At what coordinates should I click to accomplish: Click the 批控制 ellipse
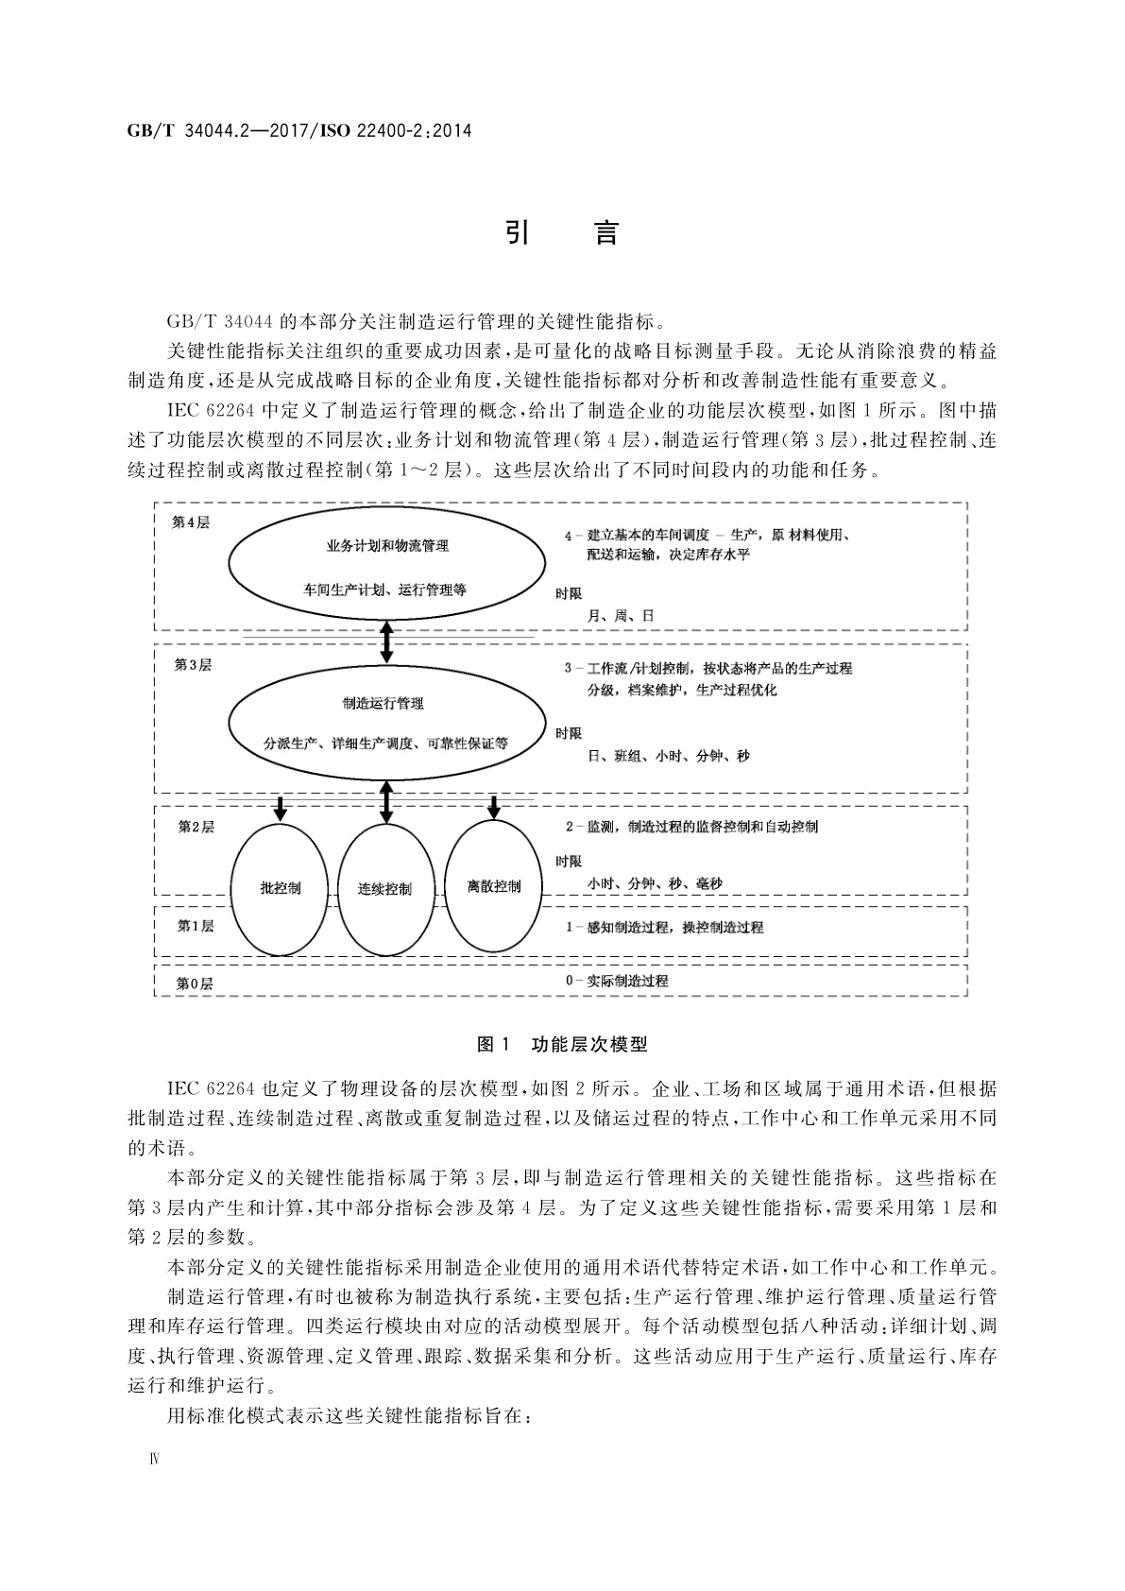[280, 888]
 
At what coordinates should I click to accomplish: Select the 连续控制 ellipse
[384, 889]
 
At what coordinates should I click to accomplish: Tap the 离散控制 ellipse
[493, 886]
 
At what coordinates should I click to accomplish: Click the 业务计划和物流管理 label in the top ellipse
[386, 546]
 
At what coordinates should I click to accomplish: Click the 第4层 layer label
[191, 522]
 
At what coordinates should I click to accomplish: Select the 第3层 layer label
[193, 664]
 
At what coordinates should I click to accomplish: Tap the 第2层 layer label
[196, 827]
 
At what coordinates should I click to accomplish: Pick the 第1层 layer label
[196, 926]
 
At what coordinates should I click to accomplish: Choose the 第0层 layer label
[195, 984]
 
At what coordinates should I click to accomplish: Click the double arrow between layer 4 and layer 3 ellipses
[385, 642]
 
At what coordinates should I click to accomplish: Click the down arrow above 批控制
[280, 808]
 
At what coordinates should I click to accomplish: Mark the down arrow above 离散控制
[493, 808]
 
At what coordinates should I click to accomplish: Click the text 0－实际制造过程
[617, 981]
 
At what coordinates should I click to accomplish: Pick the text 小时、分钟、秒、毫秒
[654, 884]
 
